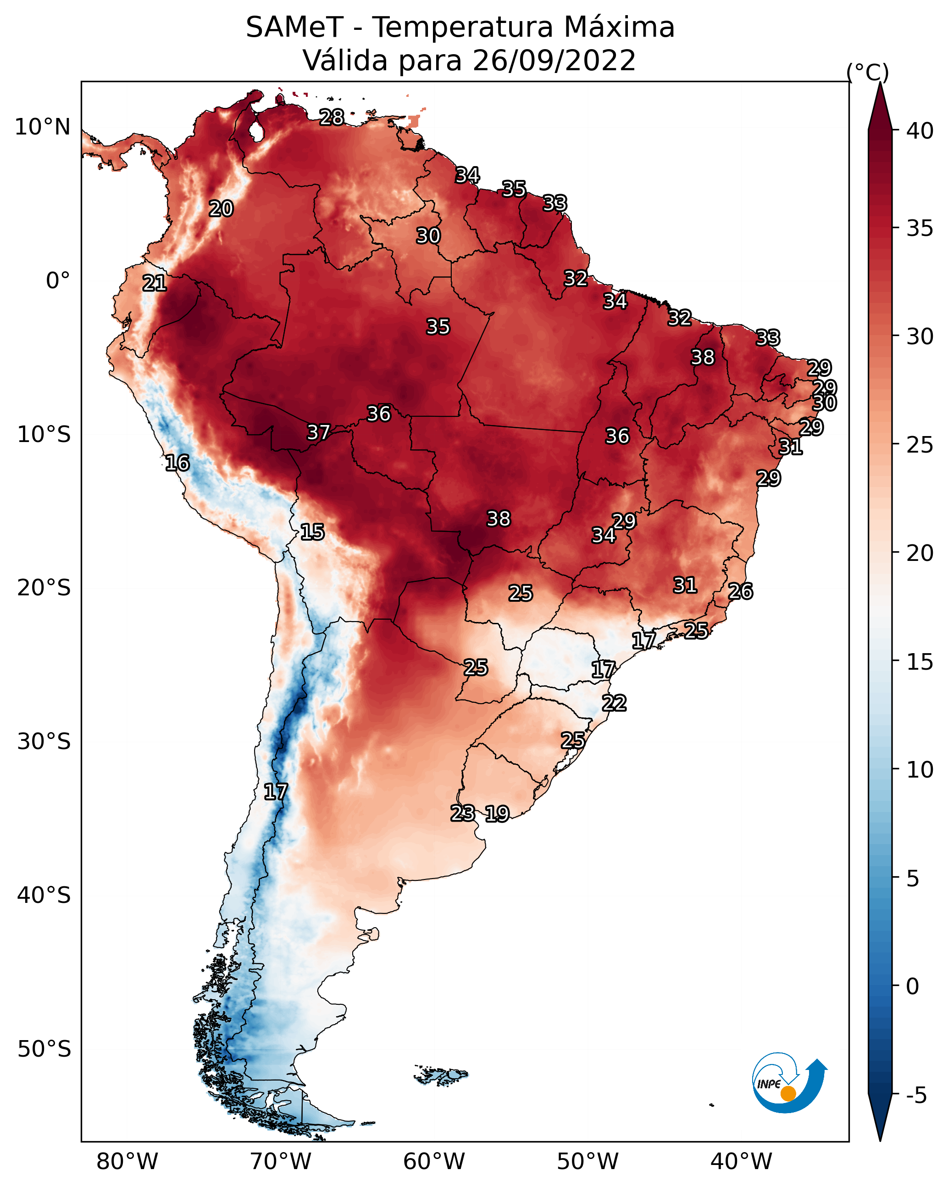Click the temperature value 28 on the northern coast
pos(332,117)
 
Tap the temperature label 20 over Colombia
pos(221,209)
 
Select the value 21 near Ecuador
pos(155,284)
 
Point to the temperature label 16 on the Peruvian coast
pos(177,463)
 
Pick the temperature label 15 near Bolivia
pos(312,532)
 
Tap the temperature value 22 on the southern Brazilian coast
pos(614,703)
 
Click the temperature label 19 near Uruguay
pos(497,813)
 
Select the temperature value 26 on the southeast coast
pos(741,591)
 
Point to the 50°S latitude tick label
pos(44,1049)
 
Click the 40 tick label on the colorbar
pos(920,131)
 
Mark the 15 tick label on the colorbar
pos(920,662)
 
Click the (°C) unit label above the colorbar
pos(868,72)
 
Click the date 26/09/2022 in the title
pos(554,61)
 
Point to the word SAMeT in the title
pos(294,28)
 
